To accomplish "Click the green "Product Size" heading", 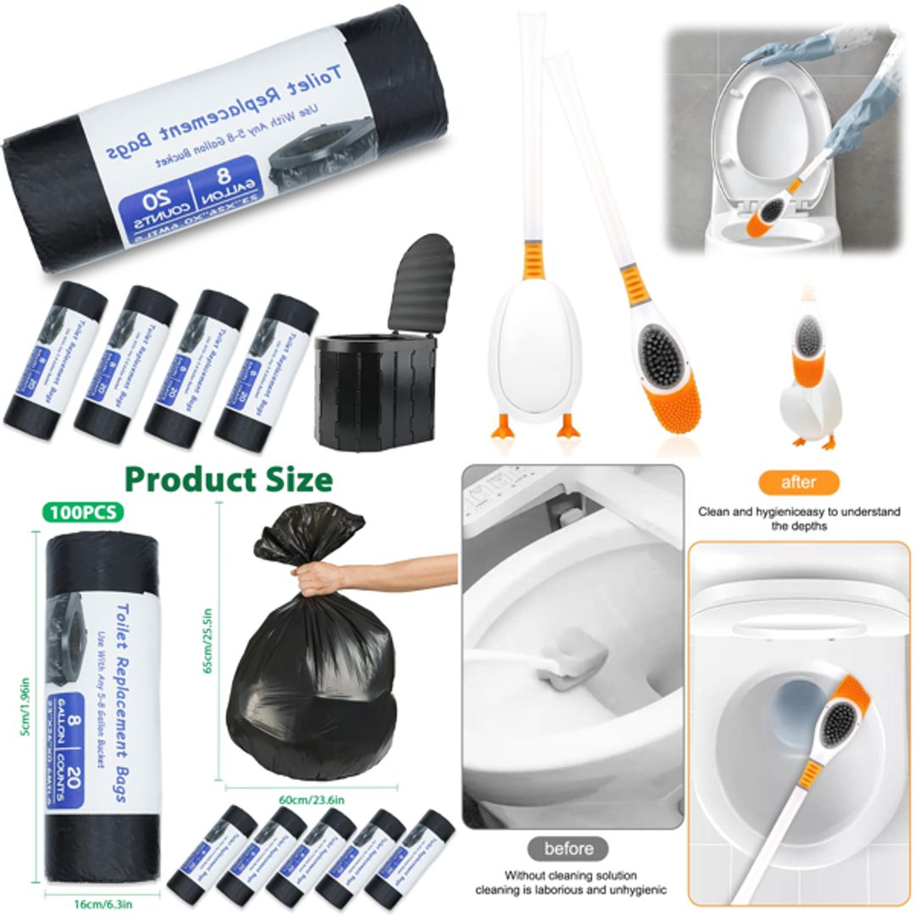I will pos(228,480).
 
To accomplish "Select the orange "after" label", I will pos(798,482).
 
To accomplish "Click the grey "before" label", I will pos(568,848).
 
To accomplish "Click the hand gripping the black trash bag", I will pos(320,578).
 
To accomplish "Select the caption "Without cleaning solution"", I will pos(569,874).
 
